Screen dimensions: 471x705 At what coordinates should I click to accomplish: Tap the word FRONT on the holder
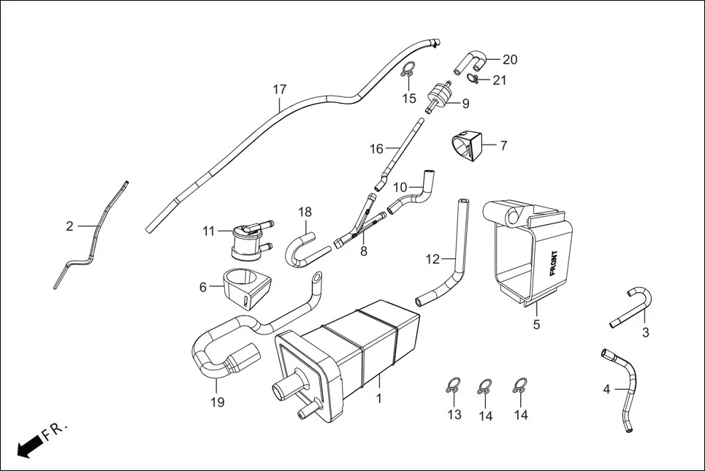[552, 267]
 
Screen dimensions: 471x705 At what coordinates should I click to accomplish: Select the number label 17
[280, 90]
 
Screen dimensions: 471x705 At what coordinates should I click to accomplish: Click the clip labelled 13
[453, 386]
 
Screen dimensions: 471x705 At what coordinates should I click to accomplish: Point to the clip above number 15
[408, 72]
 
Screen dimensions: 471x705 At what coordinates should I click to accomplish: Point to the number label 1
[378, 399]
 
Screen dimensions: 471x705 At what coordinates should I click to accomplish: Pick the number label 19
[218, 402]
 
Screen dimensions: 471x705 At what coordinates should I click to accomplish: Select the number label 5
[536, 324]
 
